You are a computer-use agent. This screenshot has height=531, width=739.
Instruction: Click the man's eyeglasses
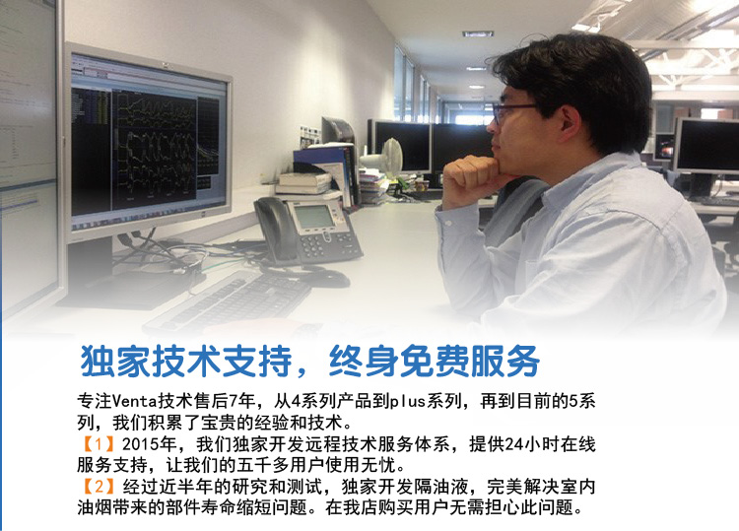pos(513,112)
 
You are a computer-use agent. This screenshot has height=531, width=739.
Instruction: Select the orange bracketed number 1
pos(99,444)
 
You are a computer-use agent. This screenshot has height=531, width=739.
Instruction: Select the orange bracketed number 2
pos(99,487)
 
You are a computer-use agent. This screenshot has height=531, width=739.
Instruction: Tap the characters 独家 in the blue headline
pos(114,362)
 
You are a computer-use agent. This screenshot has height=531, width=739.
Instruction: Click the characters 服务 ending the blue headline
pos(505,362)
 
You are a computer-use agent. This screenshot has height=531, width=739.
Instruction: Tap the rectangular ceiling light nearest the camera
pos(478,33)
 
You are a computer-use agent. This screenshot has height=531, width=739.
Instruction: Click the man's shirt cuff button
pos(448,224)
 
